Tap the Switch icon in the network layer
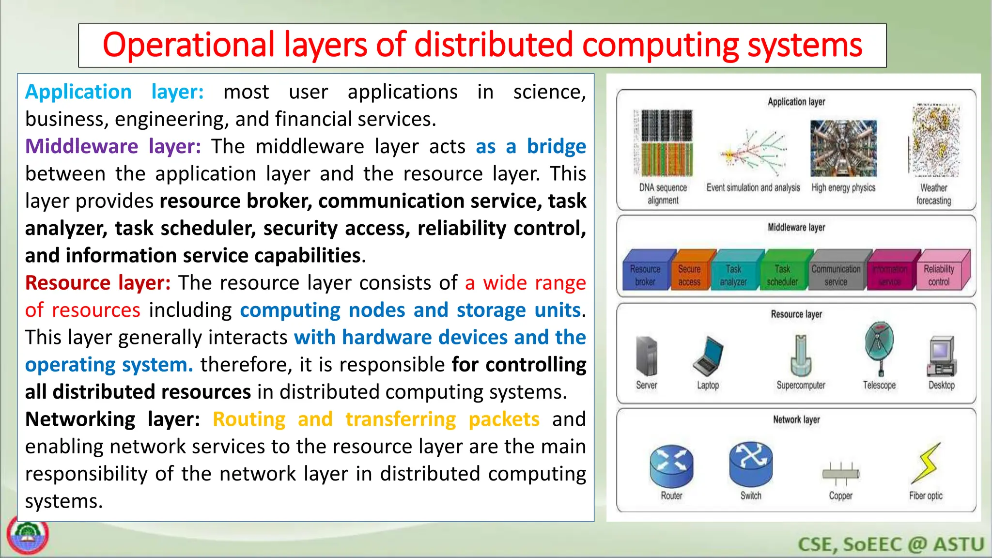click(751, 464)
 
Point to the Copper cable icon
click(840, 473)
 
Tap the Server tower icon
click(647, 356)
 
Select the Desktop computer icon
click(941, 356)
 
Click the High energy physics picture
click(843, 148)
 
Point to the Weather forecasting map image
click(935, 140)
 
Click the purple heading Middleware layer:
click(113, 146)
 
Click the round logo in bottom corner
click(28, 535)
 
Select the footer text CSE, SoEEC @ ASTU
click(891, 544)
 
